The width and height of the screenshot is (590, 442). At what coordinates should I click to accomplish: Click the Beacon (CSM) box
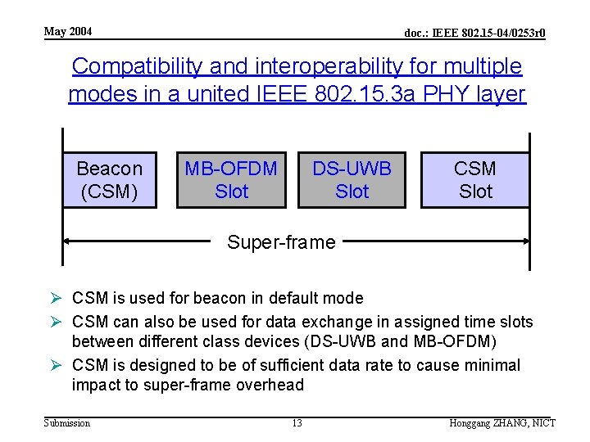click(109, 180)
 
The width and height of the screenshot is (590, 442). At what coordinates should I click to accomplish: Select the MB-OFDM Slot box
click(231, 180)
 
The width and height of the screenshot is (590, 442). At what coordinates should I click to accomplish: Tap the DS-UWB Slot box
click(352, 180)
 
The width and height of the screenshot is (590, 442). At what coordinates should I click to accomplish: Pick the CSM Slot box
click(475, 180)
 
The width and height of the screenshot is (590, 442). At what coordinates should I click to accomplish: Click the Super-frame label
click(281, 242)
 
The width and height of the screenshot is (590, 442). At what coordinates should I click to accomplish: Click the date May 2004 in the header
click(68, 32)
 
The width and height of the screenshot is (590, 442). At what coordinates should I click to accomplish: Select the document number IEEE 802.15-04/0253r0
click(475, 34)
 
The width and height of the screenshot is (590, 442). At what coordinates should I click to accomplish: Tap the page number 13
click(297, 422)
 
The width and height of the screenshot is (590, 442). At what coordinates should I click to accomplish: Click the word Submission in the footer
click(67, 422)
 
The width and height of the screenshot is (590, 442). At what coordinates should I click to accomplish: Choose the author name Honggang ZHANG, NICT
click(502, 422)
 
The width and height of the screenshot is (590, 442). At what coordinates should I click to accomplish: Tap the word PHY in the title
click(437, 94)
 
